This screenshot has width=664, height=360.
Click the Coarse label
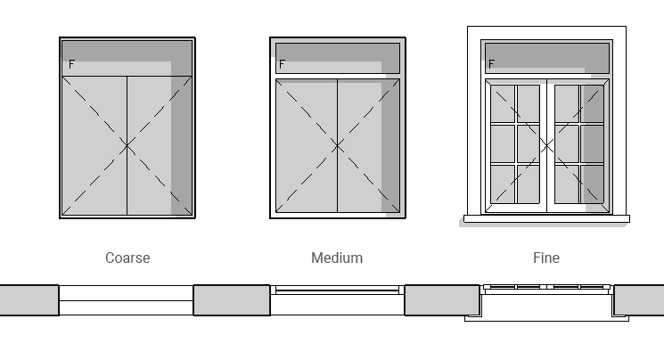tap(127, 258)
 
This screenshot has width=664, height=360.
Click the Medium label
tap(337, 258)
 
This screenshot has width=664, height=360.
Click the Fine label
tap(546, 258)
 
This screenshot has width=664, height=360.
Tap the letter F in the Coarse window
tap(71, 64)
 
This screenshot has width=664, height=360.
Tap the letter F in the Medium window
tap(282, 64)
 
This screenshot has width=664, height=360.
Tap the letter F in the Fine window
tap(491, 64)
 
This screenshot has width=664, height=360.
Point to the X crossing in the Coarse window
tap(127, 145)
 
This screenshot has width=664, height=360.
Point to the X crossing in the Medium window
tap(337, 145)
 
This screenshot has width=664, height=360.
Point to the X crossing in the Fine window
tap(546, 145)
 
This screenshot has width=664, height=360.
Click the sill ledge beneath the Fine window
tap(546, 218)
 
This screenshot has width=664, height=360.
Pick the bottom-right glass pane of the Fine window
tap(591, 185)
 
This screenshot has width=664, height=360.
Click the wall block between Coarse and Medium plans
tap(232, 300)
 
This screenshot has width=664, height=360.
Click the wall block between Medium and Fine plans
tap(442, 300)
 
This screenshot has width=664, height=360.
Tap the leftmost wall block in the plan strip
tap(29, 300)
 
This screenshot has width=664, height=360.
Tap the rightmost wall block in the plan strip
tap(639, 300)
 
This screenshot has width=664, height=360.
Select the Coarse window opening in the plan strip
tap(126, 300)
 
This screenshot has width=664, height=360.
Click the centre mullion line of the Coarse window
tap(127, 178)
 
